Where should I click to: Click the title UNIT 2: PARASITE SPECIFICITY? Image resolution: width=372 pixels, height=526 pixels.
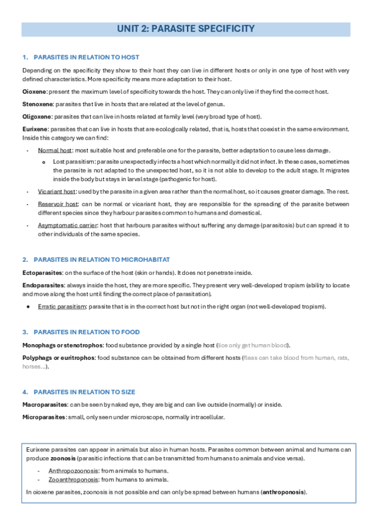click(185, 29)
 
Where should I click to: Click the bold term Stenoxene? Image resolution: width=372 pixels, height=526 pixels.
click(38, 104)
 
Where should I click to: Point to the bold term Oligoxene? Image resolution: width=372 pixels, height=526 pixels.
click(37, 117)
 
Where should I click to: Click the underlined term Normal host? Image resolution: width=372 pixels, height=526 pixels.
click(55, 151)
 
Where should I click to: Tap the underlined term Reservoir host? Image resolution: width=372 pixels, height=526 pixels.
click(58, 204)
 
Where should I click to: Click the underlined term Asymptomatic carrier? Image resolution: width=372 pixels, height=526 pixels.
click(66, 225)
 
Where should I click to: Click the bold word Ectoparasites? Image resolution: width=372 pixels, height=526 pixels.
click(42, 273)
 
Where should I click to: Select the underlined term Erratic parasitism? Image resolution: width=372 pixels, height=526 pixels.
click(63, 307)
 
